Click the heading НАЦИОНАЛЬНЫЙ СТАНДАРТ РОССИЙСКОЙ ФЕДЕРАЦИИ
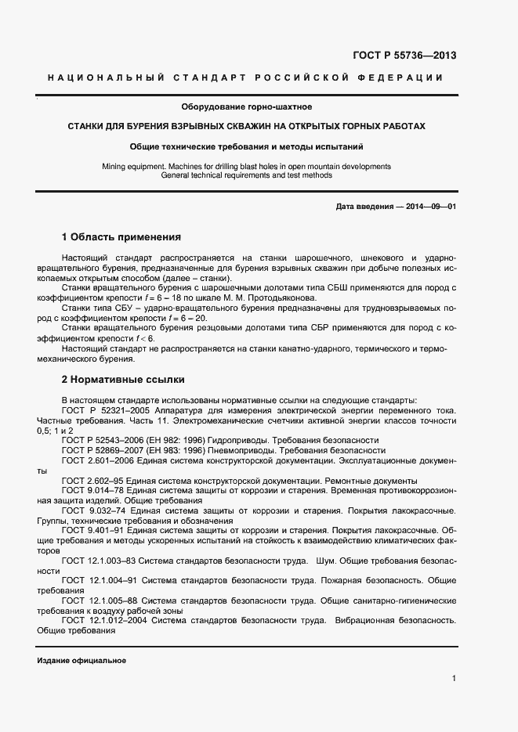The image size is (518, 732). point(245,78)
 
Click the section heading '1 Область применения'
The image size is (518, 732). point(121,236)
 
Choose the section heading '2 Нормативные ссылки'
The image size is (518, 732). point(123,380)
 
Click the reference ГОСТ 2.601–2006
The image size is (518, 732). point(99,461)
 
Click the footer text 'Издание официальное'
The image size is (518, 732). point(82,661)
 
